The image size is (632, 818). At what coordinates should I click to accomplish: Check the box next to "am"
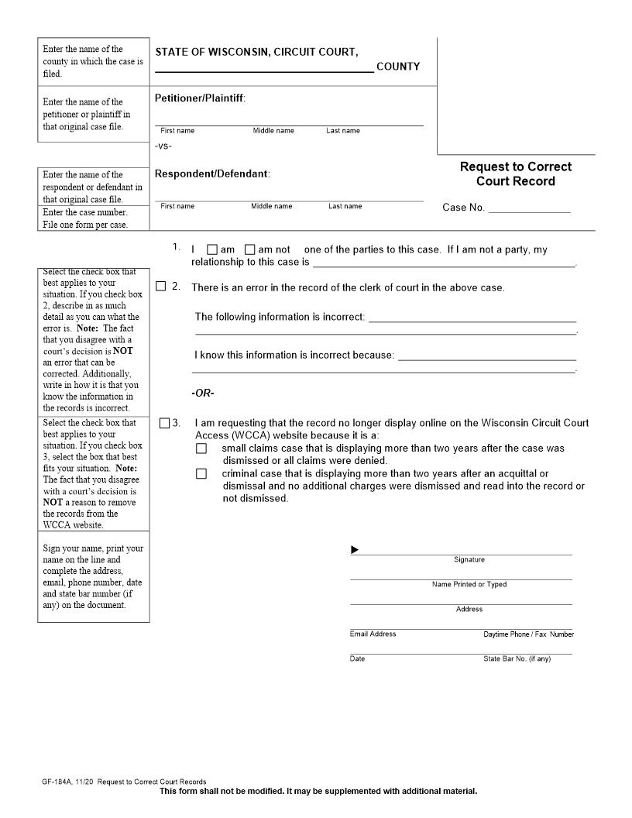coord(212,250)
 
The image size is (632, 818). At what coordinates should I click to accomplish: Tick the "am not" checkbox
coord(249,250)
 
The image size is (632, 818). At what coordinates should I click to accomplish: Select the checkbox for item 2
coord(161,287)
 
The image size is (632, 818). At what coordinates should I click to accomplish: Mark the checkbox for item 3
coord(164,424)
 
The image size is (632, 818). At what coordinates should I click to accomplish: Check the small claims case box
coord(201,449)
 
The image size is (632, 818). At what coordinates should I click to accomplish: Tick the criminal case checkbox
coord(201,474)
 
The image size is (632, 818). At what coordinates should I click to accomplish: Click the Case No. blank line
coord(529,207)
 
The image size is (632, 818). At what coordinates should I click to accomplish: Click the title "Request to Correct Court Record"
coord(516,174)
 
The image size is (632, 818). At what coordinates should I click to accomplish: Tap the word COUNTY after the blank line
coord(398,67)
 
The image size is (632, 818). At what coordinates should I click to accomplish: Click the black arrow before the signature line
coord(355,550)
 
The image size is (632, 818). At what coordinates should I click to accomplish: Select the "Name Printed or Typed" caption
coord(469,585)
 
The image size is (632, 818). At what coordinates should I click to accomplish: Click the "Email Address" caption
coord(373,634)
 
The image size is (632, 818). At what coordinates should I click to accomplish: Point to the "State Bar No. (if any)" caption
coord(517,658)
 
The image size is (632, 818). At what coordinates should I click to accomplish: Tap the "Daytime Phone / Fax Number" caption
coord(528,634)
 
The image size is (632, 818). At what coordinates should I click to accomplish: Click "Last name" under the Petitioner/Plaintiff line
coord(343,131)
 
